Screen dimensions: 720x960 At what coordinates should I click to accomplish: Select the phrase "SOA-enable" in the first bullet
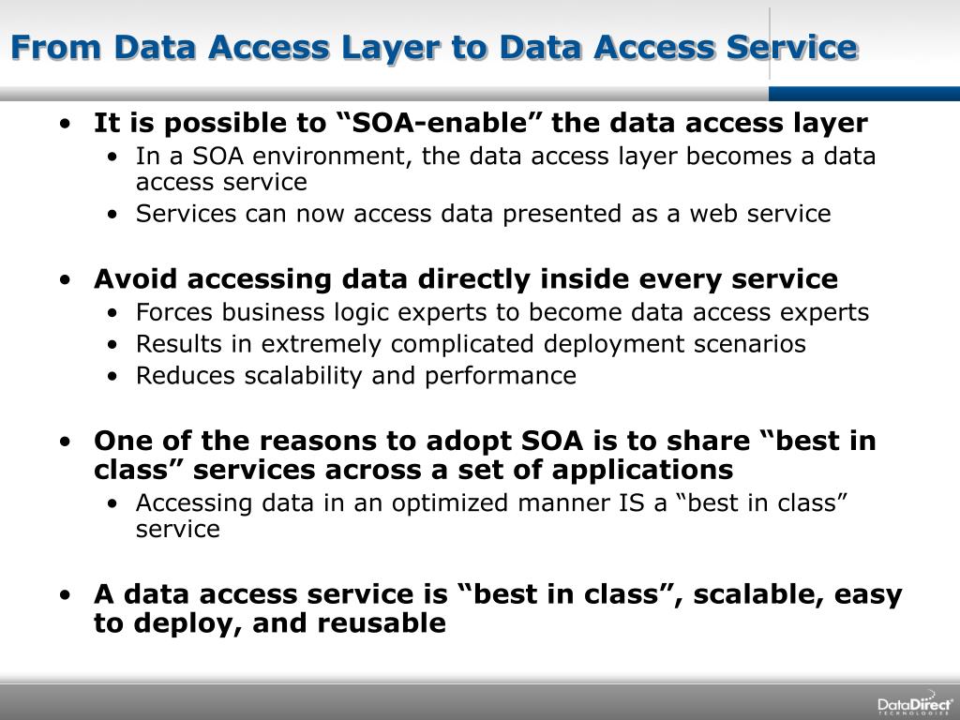pyautogui.click(x=427, y=124)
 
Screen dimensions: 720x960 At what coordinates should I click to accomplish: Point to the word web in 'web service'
pyautogui.click(x=712, y=214)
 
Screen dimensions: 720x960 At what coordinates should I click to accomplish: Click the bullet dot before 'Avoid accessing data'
pyautogui.click(x=63, y=280)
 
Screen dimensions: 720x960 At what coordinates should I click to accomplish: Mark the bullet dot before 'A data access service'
pyautogui.click(x=63, y=595)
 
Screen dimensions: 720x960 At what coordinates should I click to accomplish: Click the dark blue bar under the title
pyautogui.click(x=863, y=93)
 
